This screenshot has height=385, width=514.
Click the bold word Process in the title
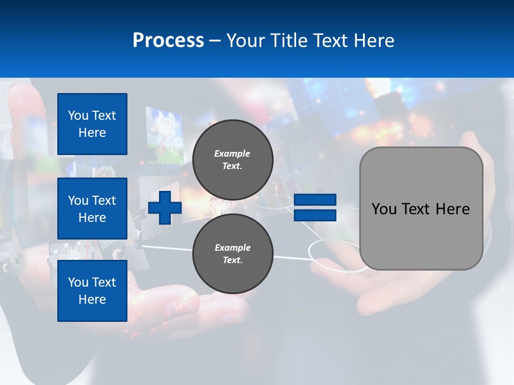click(x=168, y=40)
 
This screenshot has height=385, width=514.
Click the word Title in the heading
click(x=290, y=40)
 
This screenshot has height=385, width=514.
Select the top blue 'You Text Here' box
click(x=92, y=124)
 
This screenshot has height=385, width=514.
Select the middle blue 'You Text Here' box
click(x=92, y=209)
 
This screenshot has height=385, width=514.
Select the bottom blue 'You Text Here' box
click(x=92, y=290)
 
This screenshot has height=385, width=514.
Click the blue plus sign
click(x=165, y=207)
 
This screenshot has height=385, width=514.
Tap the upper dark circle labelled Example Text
click(x=232, y=159)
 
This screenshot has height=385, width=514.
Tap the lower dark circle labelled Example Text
click(x=232, y=253)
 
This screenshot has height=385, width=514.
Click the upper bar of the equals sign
click(x=315, y=199)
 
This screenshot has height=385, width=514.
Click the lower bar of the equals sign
click(x=315, y=215)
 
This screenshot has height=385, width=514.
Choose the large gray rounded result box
click(x=421, y=209)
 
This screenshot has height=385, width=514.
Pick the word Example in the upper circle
click(x=232, y=153)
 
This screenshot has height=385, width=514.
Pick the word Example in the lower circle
click(x=232, y=248)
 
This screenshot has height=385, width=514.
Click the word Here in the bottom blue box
click(x=92, y=299)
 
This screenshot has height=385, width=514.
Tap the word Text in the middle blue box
click(x=104, y=201)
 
